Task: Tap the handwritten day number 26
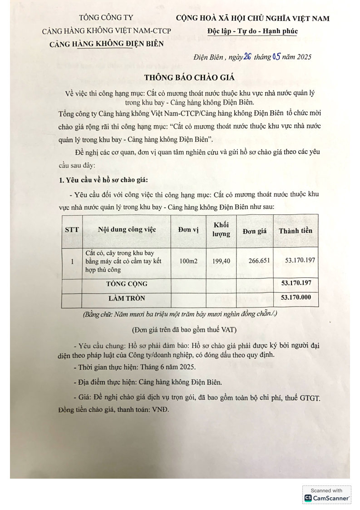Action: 247,57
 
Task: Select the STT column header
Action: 72,230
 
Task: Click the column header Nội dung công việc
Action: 127,230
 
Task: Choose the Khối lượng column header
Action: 221,230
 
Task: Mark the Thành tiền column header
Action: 296,230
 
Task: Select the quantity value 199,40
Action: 221,261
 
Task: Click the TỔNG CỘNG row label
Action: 127,284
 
